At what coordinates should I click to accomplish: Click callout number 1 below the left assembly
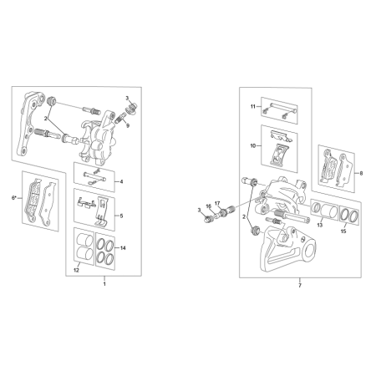pyautogui.click(x=104, y=284)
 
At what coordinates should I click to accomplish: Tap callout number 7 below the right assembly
pyautogui.click(x=300, y=286)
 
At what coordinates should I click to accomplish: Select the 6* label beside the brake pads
pyautogui.click(x=14, y=198)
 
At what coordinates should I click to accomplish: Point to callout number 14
pyautogui.click(x=123, y=248)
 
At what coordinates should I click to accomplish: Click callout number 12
pyautogui.click(x=76, y=270)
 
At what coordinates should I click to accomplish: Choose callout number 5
pyautogui.click(x=121, y=216)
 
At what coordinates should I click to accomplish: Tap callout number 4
pyautogui.click(x=121, y=182)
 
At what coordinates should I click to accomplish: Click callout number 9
pyautogui.click(x=128, y=125)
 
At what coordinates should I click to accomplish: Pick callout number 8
pyautogui.click(x=361, y=173)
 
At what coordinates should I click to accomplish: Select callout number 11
pyautogui.click(x=253, y=107)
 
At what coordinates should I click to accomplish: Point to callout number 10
pyautogui.click(x=253, y=146)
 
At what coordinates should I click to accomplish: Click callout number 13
pyautogui.click(x=320, y=225)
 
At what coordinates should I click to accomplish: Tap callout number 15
pyautogui.click(x=343, y=231)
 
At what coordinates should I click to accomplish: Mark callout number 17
pyautogui.click(x=217, y=203)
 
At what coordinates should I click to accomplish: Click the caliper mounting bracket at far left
pyautogui.click(x=30, y=124)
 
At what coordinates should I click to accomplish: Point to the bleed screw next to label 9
pyautogui.click(x=119, y=119)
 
